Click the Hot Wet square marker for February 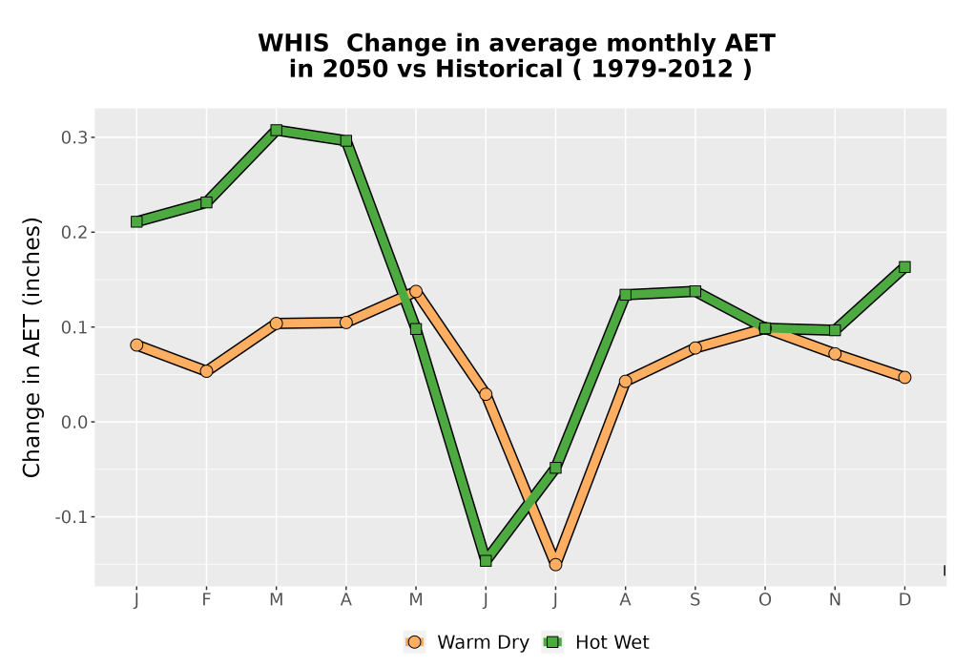[x=206, y=202]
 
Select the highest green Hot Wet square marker [x=277, y=130]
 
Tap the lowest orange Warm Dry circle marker [x=555, y=565]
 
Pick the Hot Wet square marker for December [x=904, y=267]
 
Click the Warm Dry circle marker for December [x=904, y=377]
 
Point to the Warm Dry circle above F [x=206, y=371]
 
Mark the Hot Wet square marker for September [x=695, y=291]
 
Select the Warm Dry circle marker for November [x=835, y=353]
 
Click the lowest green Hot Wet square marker [x=486, y=560]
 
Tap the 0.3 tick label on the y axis [x=74, y=137]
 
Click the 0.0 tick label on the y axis [x=74, y=422]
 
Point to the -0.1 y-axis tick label [x=72, y=517]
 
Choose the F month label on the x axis [x=206, y=600]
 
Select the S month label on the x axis [x=695, y=600]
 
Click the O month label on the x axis [x=765, y=600]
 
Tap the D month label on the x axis [x=904, y=600]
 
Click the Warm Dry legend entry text [x=483, y=642]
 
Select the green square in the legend [x=552, y=642]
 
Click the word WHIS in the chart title [x=293, y=44]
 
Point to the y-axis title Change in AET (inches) [x=31, y=347]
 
